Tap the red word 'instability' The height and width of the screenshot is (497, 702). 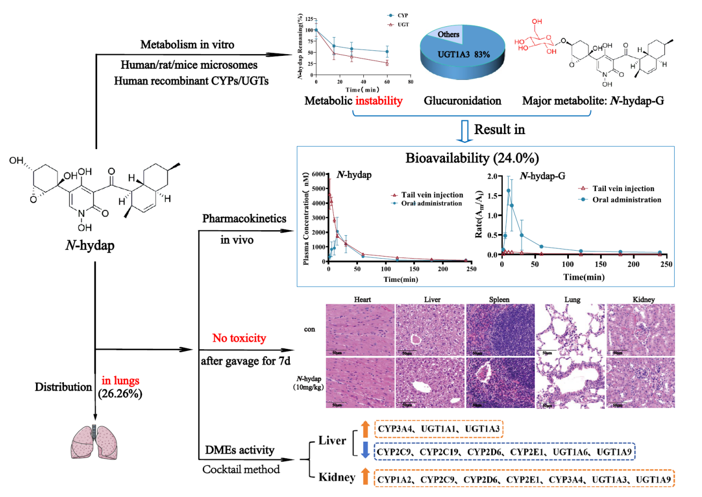[378, 100]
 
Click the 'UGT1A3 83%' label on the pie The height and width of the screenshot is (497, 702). [463, 54]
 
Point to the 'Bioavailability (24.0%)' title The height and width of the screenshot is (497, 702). [472, 158]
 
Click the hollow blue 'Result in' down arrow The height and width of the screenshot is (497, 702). [465, 131]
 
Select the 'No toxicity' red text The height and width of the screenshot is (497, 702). [239, 338]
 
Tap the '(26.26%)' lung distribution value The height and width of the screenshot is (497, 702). [120, 393]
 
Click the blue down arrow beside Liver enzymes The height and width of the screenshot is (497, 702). [365, 450]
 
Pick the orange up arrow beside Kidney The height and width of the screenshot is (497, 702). [365, 477]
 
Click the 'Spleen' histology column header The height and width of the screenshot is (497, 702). [499, 299]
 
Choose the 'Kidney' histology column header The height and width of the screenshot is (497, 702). [643, 299]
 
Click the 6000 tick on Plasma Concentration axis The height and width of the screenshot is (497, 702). [318, 174]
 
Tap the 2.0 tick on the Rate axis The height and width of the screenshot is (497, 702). [492, 177]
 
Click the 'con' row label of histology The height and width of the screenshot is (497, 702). [310, 329]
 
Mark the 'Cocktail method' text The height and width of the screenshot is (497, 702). [241, 469]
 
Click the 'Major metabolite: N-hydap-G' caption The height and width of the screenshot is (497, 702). [593, 100]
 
